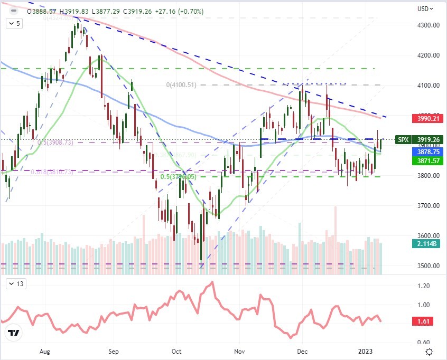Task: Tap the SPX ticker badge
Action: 403,140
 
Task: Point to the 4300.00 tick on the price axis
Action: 427,25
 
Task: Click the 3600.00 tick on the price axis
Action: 427,235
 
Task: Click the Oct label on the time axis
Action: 176,350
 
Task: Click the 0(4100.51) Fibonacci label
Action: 181,84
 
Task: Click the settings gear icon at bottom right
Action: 430,351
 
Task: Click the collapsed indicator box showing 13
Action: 15,285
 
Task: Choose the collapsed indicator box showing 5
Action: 15,23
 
